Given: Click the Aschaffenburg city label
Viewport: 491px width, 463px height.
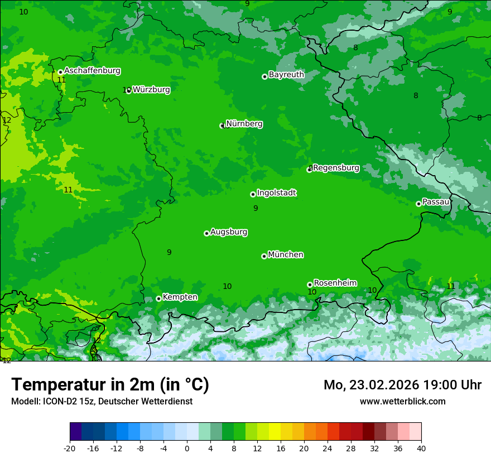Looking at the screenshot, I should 92,71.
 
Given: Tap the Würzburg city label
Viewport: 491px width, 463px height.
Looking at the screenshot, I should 151,89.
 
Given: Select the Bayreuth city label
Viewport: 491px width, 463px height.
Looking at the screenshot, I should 286,75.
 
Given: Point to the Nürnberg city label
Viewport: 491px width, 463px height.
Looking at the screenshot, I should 244,124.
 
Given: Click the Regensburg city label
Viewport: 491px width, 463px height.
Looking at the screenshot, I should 336,168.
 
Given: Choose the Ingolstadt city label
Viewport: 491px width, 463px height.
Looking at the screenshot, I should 276,193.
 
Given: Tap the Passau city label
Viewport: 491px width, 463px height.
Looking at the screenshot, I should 436,202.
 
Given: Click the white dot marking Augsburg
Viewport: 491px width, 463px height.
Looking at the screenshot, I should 206,233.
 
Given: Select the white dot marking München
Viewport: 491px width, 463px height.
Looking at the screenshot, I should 264,256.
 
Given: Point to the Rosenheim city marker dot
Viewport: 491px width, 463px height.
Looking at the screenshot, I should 310,284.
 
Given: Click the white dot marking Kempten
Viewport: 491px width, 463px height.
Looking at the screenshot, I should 158,298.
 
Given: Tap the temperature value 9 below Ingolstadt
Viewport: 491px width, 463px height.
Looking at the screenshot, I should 256,208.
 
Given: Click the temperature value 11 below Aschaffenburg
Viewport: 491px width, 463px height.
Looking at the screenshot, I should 61,80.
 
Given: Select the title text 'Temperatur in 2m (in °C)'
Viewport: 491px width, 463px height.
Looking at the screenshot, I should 110,384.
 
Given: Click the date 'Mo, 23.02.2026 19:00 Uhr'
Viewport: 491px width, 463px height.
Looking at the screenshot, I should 402,385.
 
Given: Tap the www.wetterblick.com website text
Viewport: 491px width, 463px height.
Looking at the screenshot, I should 402,401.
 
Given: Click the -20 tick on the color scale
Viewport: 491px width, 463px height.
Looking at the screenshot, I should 70,448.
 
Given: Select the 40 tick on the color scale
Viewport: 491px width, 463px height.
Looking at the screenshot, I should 421,448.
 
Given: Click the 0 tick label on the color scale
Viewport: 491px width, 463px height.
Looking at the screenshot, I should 187,448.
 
